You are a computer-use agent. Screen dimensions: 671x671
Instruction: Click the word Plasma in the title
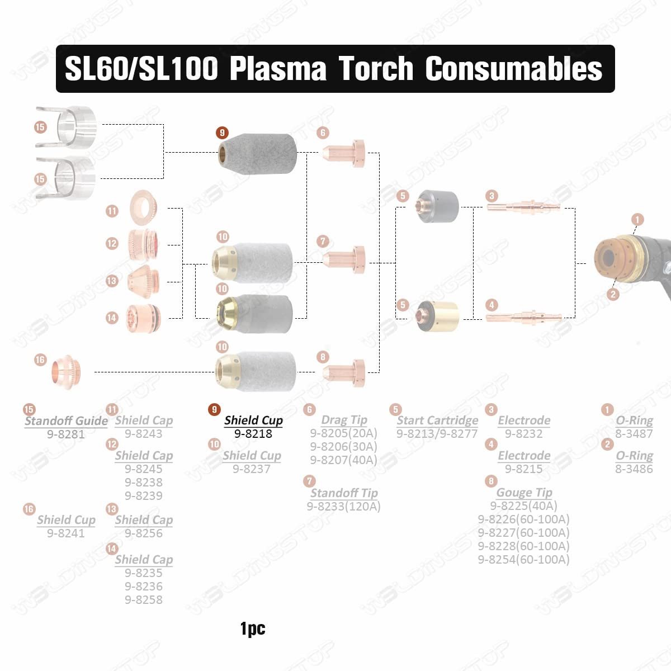[x=278, y=69]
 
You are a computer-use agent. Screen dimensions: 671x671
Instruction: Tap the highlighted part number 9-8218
[x=253, y=433]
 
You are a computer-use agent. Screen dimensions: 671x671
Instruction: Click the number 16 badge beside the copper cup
[x=40, y=360]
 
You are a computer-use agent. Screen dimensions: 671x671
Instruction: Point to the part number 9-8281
[x=66, y=434]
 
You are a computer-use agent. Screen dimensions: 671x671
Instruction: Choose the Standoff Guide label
[x=66, y=420]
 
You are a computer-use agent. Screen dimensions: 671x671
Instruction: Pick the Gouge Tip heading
[x=524, y=493]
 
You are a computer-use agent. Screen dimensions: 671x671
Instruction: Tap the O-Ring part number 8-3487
[x=634, y=434]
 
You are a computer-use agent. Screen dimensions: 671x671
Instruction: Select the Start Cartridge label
[x=437, y=420]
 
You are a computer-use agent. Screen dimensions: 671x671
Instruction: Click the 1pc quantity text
[x=253, y=629]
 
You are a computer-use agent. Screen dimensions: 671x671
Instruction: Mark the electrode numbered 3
[x=523, y=207]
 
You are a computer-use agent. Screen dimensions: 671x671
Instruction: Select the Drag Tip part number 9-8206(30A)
[x=343, y=447]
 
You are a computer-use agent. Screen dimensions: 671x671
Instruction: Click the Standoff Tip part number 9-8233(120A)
[x=343, y=507]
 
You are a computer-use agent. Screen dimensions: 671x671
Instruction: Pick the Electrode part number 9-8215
[x=523, y=469]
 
